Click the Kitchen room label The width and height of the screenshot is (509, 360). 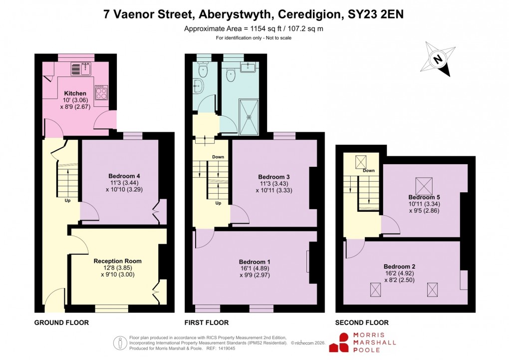coord(75,93)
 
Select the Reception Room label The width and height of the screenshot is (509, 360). coord(117,261)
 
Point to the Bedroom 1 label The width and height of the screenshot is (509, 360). coord(254,262)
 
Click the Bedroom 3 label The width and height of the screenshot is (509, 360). coord(273,177)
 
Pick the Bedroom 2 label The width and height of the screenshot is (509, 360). coord(399,266)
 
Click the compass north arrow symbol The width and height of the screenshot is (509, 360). coord(438,59)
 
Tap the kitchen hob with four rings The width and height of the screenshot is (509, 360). coord(101,93)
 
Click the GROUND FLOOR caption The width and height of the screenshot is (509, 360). coord(61,323)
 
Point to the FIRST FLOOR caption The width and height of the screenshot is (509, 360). coord(207,323)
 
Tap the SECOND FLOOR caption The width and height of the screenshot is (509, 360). coord(362,323)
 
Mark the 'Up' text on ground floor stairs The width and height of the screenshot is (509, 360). coord(67,201)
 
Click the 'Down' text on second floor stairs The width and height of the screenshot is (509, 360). coord(368,170)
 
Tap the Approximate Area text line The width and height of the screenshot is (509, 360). coord(254,28)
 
